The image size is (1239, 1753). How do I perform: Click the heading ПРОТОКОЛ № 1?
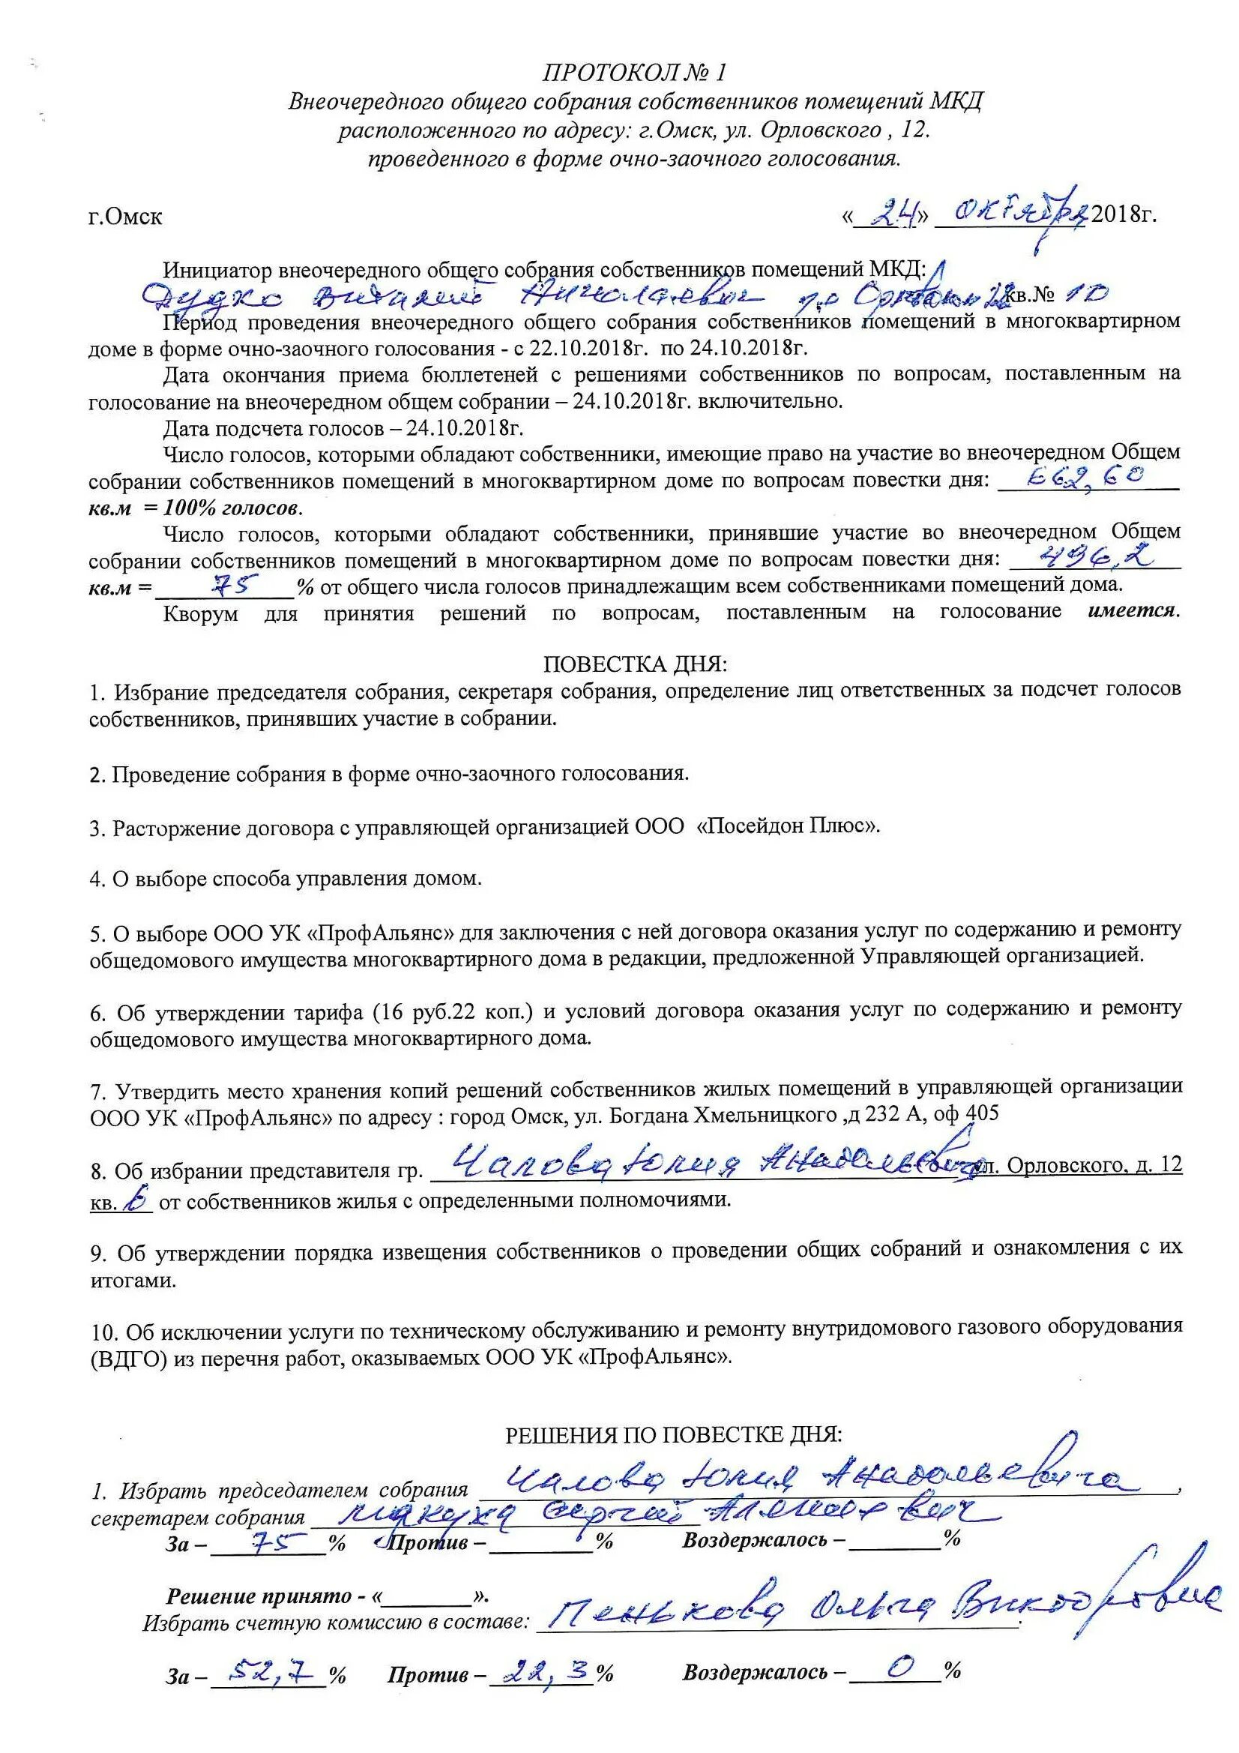click(x=634, y=73)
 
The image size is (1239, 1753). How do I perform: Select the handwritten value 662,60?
click(x=1088, y=478)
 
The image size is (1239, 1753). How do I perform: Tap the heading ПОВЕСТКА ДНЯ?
click(x=635, y=664)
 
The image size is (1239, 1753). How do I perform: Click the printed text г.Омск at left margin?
click(x=125, y=217)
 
